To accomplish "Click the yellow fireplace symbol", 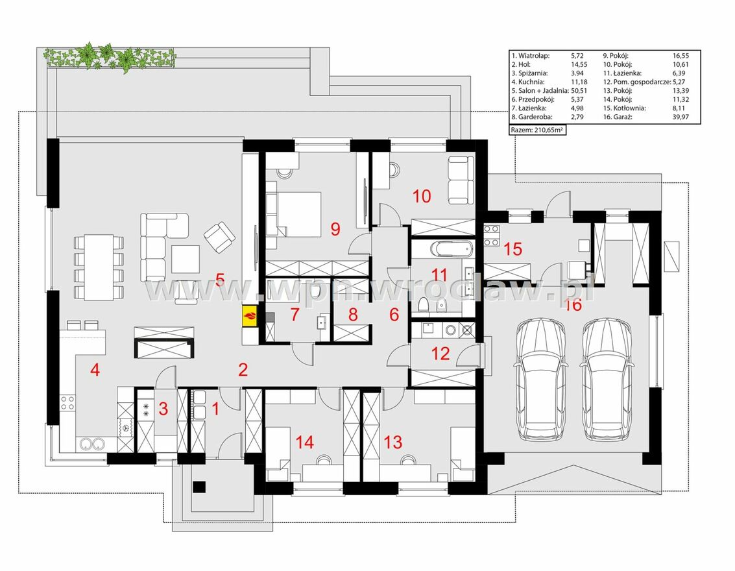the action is tap(249, 315).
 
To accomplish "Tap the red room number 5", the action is tap(220, 280).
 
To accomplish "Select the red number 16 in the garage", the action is tap(573, 305).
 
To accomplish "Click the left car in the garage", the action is tap(540, 380).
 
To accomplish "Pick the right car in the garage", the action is tap(607, 380).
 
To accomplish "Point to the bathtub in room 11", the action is tap(450, 249).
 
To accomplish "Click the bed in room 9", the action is tap(294, 213).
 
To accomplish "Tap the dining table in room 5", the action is tap(99, 267).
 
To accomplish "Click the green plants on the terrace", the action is tap(110, 57).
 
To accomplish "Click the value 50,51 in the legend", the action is tap(579, 90).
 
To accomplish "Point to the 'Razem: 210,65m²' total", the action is tap(537, 130).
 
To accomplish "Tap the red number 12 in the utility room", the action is tap(440, 353).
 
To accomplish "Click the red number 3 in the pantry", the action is tap(163, 408).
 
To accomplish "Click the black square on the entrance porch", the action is tap(199, 487).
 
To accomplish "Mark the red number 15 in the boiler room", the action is tap(512, 249).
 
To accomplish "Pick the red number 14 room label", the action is tap(305, 442).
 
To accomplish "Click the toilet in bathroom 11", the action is tap(423, 305).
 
